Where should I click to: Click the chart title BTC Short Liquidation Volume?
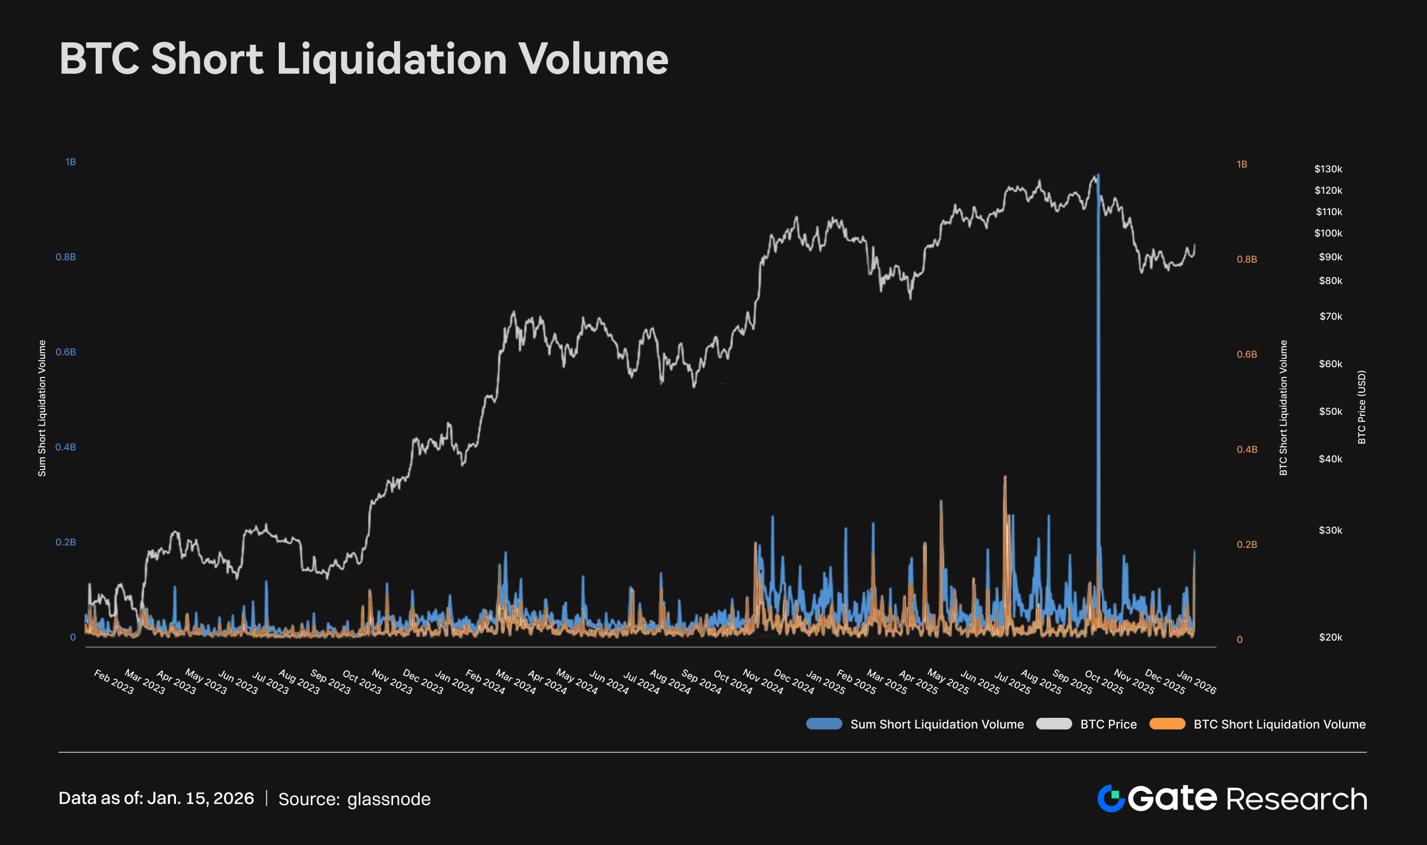click(364, 59)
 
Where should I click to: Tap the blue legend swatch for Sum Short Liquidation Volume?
click(824, 724)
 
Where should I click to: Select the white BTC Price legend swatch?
click(1054, 724)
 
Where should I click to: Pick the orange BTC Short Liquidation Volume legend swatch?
click(1167, 724)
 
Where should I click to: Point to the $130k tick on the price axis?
click(1328, 169)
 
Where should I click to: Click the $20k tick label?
click(1330, 638)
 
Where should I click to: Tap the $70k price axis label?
click(1330, 317)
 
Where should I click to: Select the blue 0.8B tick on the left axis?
click(66, 257)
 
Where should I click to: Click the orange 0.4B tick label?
click(1247, 450)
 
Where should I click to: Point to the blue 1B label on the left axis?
click(71, 162)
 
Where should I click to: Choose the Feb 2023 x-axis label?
click(114, 682)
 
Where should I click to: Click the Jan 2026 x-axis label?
click(1196, 682)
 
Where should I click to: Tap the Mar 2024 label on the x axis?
click(516, 682)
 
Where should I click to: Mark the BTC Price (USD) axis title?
click(1362, 407)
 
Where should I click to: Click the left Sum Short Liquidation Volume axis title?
click(42, 408)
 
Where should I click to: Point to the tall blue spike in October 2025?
click(1098, 357)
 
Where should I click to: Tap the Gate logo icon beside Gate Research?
click(1111, 798)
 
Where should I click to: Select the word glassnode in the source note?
click(389, 799)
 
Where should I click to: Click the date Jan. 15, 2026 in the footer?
click(200, 798)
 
